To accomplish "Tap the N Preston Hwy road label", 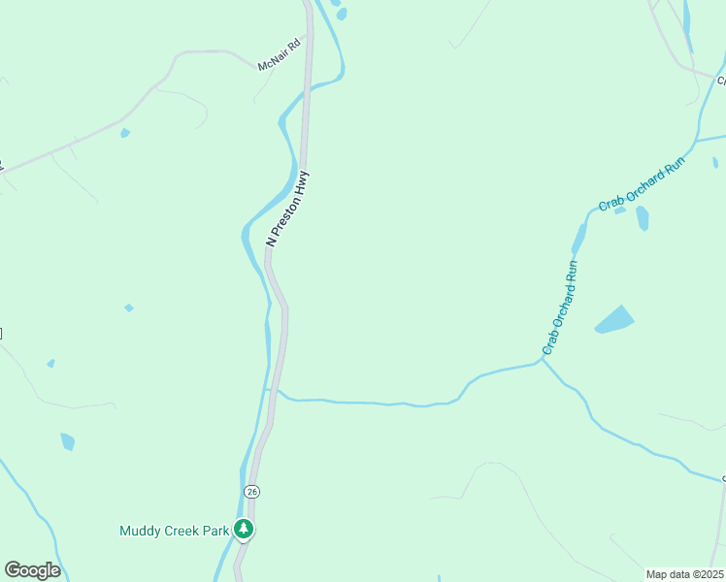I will pos(287,209).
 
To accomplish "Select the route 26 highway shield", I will pos(252,492).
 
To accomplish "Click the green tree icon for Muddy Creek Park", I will pos(245,530).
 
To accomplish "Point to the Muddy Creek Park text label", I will pos(174,531).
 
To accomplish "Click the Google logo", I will pos(32,570).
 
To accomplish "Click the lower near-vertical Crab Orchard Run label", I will pos(560,307).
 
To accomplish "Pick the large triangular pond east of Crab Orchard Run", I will pos(613,319).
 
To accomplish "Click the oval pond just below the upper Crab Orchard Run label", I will pos(642,218).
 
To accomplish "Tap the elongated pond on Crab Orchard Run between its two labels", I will pos(579,238).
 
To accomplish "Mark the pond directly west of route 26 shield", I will pos(67,441).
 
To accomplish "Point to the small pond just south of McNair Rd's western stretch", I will pos(125,133).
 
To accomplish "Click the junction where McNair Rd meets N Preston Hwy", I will pos(309,40).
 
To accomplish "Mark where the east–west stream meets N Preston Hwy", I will pos(275,390).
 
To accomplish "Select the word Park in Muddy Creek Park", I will pos(215,531).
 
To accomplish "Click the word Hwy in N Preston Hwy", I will pos(303,180).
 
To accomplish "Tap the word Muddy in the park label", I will pos(139,531).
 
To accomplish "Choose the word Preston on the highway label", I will pos(285,214).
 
